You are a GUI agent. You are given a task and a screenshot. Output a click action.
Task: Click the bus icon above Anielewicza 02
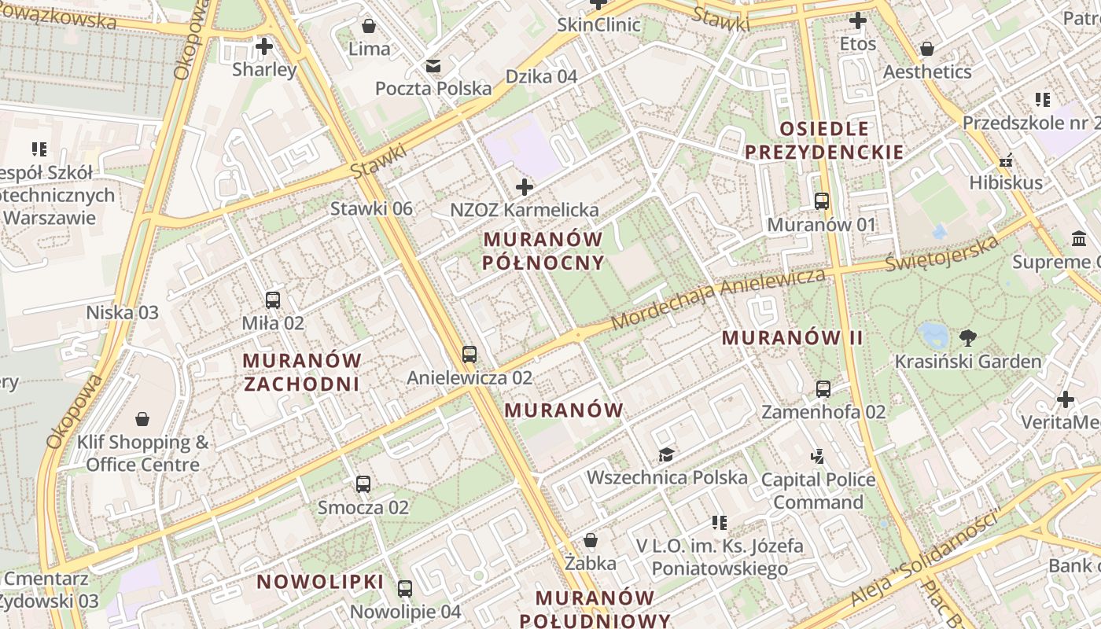469,355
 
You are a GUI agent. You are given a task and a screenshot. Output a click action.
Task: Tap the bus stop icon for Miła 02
273,300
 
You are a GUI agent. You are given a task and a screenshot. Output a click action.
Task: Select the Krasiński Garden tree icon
968,338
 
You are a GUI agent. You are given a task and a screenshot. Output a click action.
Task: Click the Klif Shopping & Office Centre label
142,453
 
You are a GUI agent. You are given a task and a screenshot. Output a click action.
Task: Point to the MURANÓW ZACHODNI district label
302,372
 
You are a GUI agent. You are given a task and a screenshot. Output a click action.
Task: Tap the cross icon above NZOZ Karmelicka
525,187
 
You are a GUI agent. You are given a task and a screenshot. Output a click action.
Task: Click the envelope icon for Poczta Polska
433,65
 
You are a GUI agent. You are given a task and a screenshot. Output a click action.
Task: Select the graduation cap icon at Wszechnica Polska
667,454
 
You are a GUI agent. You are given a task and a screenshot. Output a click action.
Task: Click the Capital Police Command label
818,491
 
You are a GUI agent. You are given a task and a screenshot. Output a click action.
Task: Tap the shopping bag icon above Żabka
591,540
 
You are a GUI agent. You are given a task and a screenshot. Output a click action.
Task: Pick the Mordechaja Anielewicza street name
717,299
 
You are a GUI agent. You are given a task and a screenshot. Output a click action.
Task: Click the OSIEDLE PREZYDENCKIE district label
824,140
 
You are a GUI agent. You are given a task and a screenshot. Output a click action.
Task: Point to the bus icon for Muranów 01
822,201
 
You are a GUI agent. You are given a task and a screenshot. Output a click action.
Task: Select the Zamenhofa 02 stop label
823,411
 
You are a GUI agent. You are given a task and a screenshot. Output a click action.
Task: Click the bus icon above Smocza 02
363,484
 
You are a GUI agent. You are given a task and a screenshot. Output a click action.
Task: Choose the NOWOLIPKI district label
320,582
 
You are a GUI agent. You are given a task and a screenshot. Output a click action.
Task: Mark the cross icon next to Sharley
264,46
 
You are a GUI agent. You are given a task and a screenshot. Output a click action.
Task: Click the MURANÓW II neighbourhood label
792,338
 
